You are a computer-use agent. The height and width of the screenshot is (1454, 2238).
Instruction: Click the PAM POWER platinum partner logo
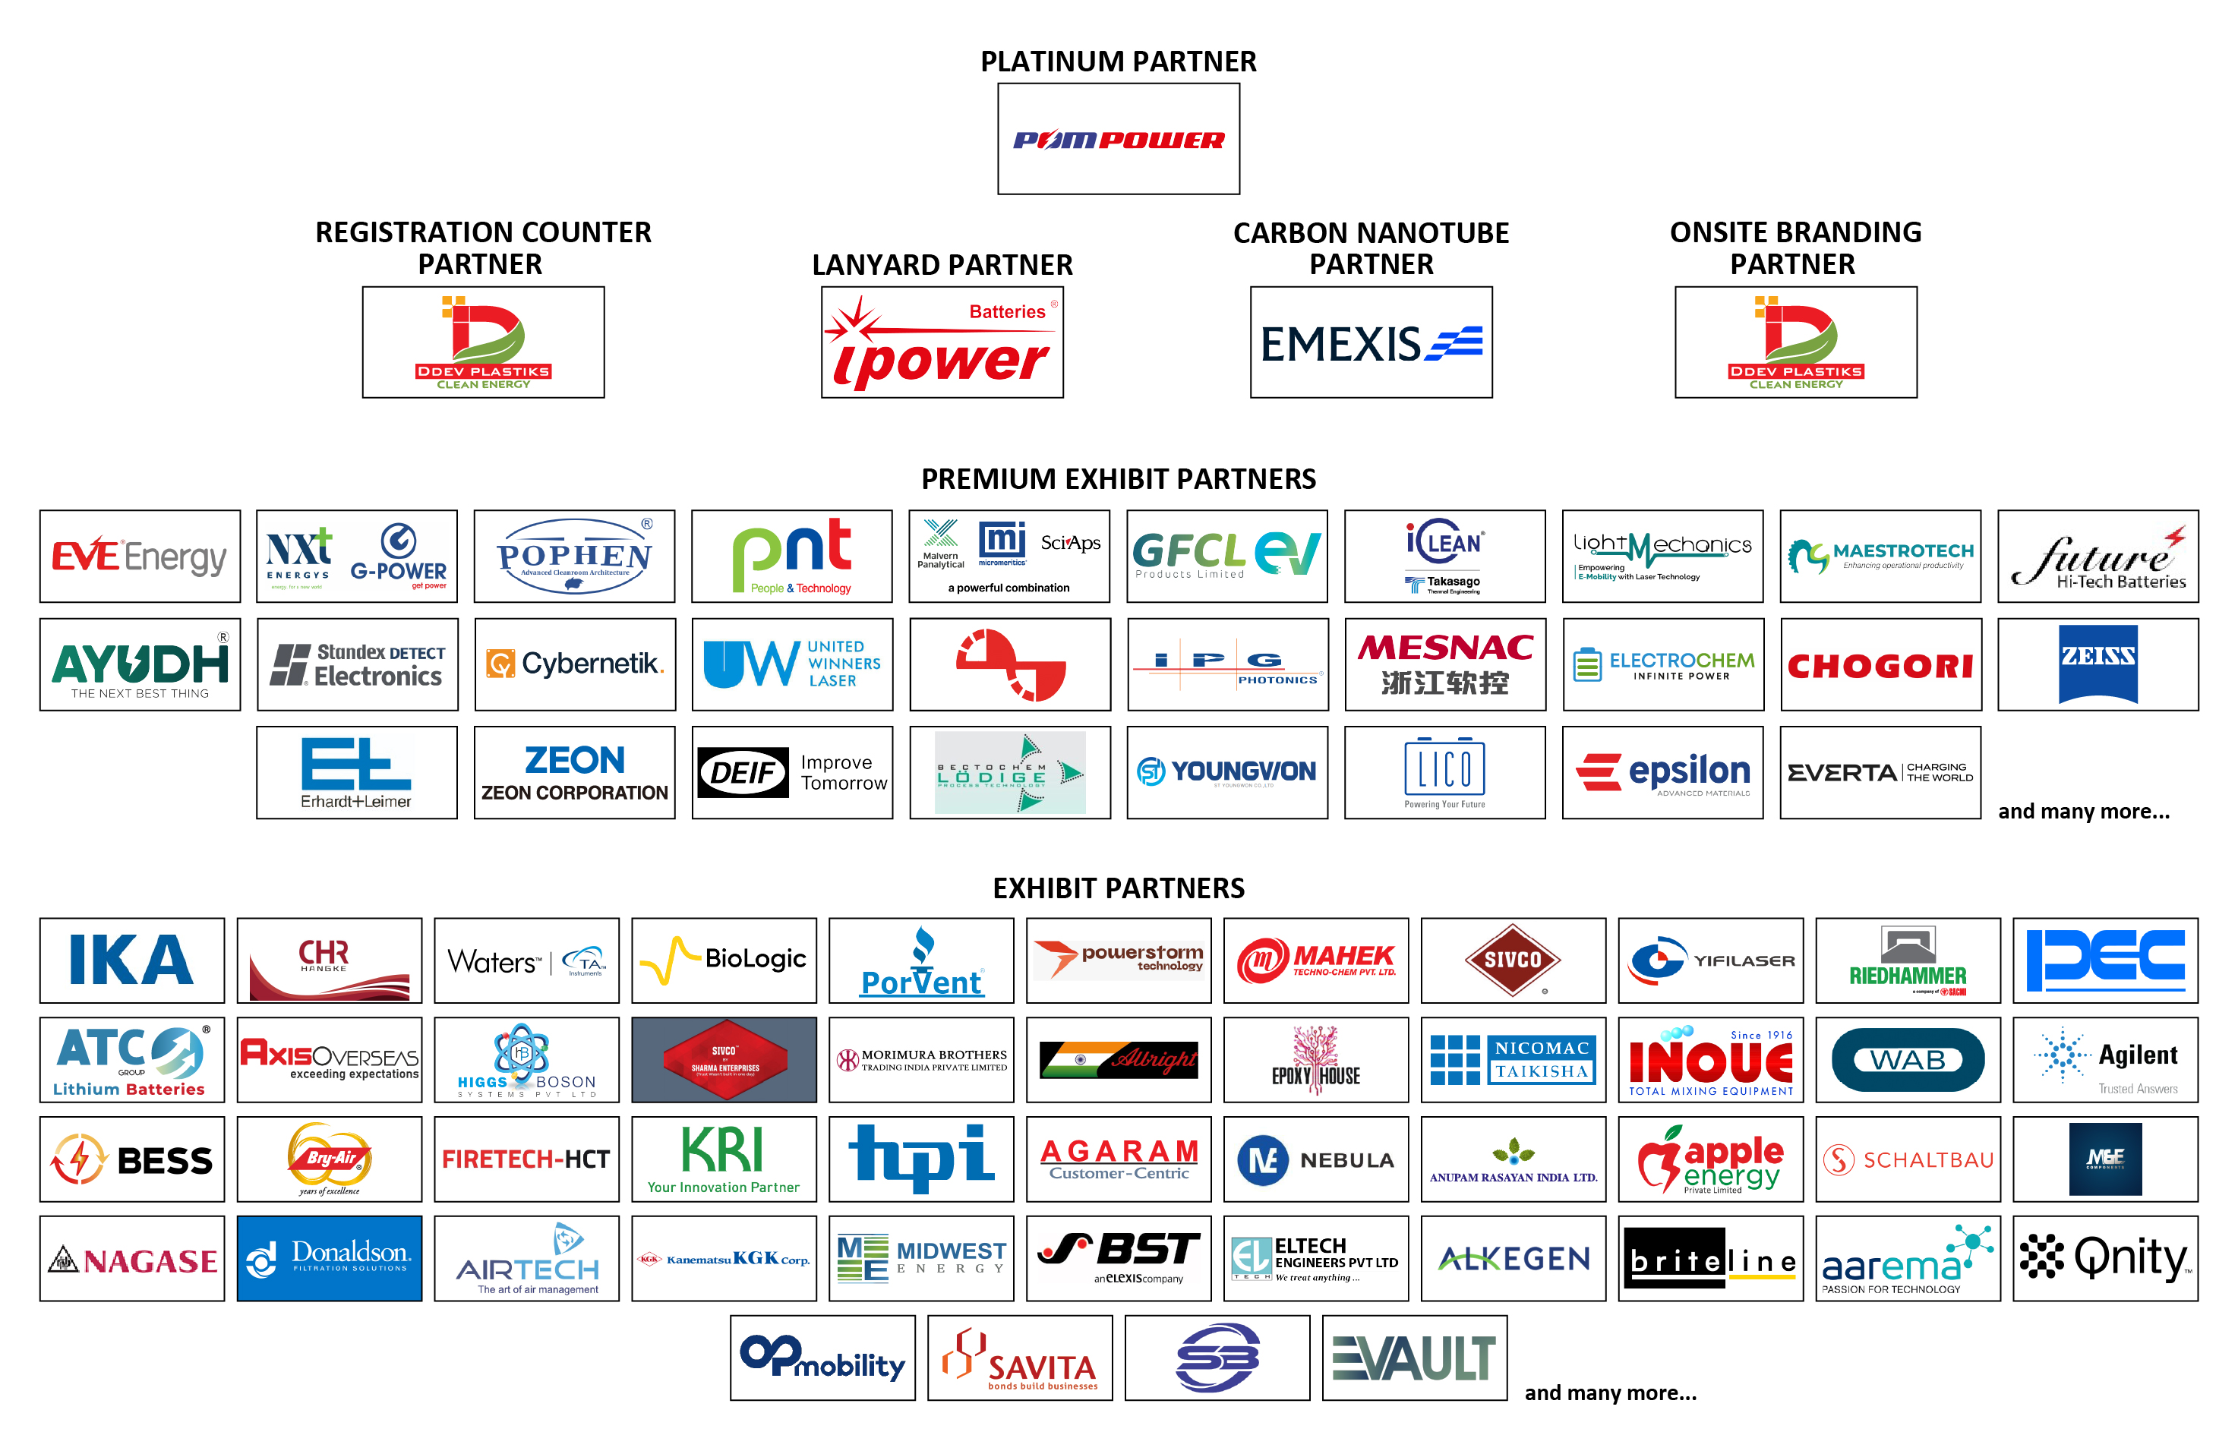[x=1118, y=139]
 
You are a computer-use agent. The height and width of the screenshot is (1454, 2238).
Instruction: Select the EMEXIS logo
[x=1370, y=343]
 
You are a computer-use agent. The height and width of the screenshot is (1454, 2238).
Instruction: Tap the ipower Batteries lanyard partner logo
[x=941, y=343]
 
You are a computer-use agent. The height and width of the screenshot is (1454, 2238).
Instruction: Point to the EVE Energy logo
[x=139, y=557]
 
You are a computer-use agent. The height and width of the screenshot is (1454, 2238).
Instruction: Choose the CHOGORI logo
[x=1880, y=664]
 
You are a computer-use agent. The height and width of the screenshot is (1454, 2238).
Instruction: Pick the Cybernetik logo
[x=575, y=664]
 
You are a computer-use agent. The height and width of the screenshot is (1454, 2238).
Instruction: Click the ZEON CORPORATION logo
[x=575, y=773]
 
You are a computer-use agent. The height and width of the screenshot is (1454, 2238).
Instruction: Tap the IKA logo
[x=131, y=960]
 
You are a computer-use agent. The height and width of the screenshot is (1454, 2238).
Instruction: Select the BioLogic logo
[x=723, y=960]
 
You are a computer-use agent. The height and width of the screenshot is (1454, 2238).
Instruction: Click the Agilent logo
[x=2104, y=1059]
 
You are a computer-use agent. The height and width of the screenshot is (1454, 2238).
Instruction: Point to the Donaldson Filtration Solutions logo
[x=329, y=1257]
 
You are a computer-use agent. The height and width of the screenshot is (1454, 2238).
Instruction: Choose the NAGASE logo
[x=131, y=1257]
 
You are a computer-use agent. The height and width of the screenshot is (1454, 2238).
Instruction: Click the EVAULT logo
[x=1414, y=1357]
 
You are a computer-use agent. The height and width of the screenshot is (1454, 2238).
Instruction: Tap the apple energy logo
[x=1709, y=1159]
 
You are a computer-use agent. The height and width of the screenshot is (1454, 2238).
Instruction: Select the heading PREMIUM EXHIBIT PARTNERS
[x=1118, y=479]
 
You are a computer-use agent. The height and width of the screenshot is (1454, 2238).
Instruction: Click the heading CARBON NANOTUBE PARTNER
[x=1370, y=248]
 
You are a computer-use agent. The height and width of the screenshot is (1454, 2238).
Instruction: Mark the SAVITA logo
[x=1019, y=1357]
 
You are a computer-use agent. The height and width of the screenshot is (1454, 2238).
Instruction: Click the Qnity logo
[x=2104, y=1257]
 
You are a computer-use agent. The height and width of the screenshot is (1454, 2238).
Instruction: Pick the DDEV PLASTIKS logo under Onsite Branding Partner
[x=1795, y=343]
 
